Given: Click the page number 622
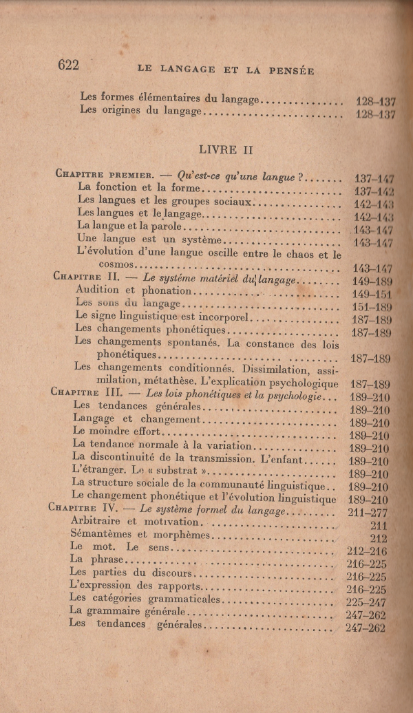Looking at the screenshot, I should [69, 65].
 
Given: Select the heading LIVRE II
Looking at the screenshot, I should [217, 149].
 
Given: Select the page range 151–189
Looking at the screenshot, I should [370, 308].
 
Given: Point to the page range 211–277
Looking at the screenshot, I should [369, 513].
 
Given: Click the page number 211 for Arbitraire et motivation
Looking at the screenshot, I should [378, 525].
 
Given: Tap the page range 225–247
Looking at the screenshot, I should [367, 602].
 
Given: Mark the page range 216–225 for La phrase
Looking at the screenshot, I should [367, 564].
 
